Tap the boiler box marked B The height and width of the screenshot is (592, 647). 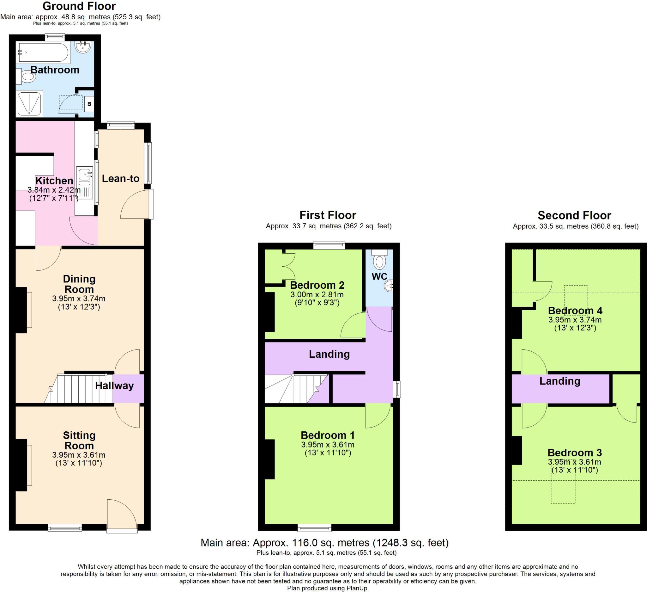89,104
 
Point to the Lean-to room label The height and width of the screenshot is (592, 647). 121,179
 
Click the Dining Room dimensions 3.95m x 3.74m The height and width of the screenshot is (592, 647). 79,299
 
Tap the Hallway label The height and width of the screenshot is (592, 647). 114,385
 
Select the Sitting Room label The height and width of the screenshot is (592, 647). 79,441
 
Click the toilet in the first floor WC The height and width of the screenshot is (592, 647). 380,261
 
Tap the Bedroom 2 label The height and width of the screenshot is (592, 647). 317,285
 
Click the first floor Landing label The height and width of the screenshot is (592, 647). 329,354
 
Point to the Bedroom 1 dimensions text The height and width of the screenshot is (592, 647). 328,445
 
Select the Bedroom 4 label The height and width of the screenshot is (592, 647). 575,310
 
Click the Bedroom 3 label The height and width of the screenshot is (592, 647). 574,453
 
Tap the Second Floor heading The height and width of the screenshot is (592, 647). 574,215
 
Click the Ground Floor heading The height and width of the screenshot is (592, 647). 79,6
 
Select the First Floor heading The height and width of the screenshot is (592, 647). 328,215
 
